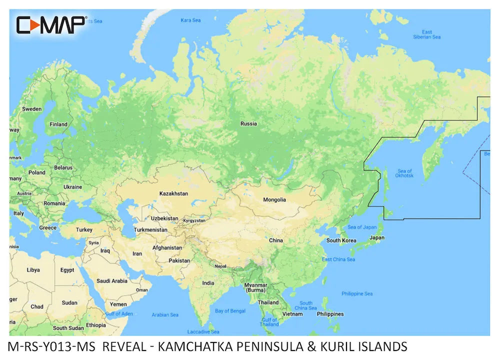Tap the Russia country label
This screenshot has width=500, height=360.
pyautogui.click(x=248, y=123)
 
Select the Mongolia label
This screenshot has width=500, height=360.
pyautogui.click(x=274, y=199)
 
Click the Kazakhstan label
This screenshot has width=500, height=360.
pyautogui.click(x=173, y=193)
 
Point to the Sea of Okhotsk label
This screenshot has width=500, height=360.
pyautogui.click(x=404, y=173)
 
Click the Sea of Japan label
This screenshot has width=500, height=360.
pyautogui.click(x=362, y=227)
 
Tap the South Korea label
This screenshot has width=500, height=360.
pyautogui.click(x=340, y=240)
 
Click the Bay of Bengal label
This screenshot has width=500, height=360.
pyautogui.click(x=229, y=311)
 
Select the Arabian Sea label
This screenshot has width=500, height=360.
pyautogui.click(x=165, y=315)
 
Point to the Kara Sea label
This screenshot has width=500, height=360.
pyautogui.click(x=190, y=20)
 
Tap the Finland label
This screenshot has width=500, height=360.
pyautogui.click(x=58, y=124)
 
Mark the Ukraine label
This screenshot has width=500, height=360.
pyautogui.click(x=72, y=187)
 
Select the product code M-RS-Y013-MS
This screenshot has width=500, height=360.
pyautogui.click(x=52, y=346)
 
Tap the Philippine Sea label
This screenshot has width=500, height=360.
pyautogui.click(x=357, y=293)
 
